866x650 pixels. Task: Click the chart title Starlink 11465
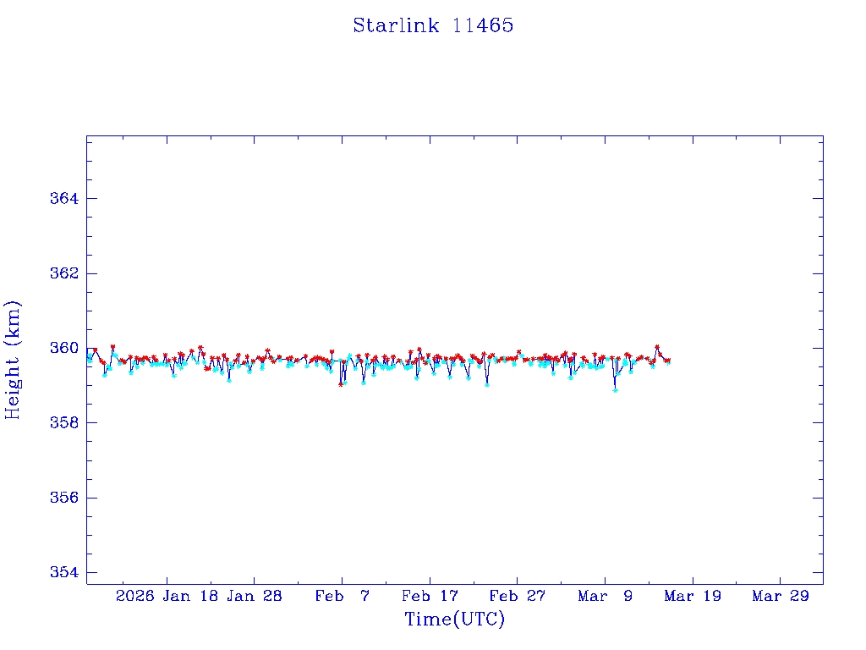[x=433, y=25]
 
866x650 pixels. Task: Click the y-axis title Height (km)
[x=13, y=360]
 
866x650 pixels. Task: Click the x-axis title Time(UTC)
[x=454, y=620]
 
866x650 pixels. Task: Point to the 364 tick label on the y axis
[x=66, y=199]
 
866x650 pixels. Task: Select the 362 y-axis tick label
[x=66, y=273]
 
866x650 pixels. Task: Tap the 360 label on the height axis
[x=66, y=348]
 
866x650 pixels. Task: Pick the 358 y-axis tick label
[x=66, y=422]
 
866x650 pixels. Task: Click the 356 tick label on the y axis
[x=66, y=498]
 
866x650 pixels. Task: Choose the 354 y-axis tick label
[x=66, y=572]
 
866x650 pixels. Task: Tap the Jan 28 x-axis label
[x=254, y=596]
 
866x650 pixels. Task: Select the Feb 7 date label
[x=342, y=596]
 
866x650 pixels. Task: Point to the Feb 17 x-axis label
[x=430, y=596]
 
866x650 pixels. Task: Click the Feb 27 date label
[x=518, y=596]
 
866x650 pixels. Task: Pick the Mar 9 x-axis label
[x=606, y=596]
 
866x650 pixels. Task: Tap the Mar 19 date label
[x=693, y=596]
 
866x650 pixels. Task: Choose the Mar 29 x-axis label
[x=781, y=596]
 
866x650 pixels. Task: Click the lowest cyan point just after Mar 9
[x=615, y=389]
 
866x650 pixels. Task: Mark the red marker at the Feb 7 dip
[x=341, y=383]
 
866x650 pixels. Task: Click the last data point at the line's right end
[x=668, y=361]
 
